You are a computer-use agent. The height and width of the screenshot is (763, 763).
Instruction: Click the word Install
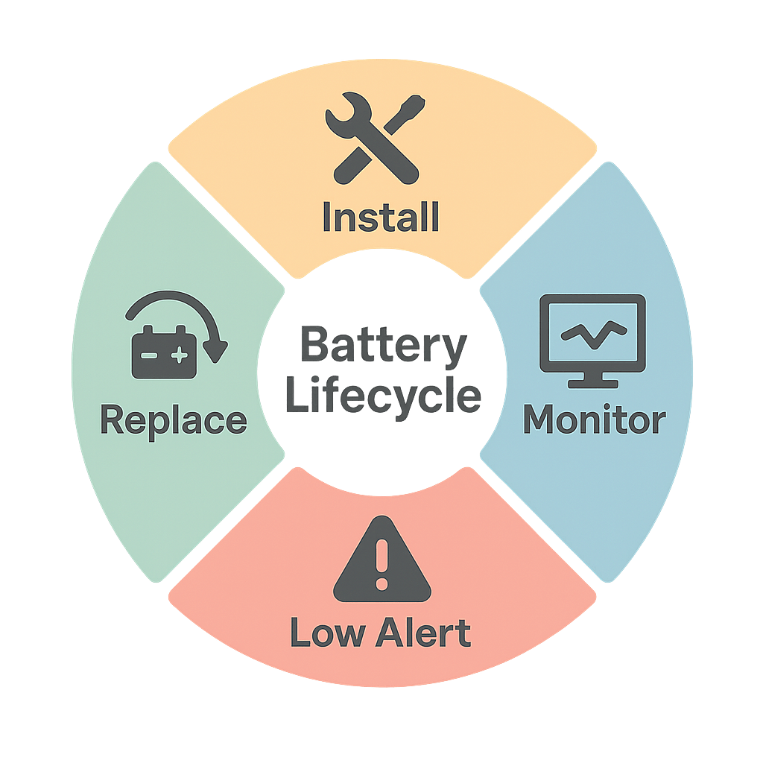point(381,216)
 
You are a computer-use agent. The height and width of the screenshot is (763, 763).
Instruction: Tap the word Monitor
point(593,420)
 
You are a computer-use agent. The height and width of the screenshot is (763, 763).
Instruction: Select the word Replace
point(173,420)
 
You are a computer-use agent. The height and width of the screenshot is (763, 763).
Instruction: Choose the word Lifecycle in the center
point(383,396)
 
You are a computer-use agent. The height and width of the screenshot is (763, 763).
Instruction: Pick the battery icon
point(164,352)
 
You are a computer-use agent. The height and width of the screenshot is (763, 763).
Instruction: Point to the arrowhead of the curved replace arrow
point(216,350)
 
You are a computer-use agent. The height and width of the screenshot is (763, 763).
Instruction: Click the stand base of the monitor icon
point(592,384)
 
